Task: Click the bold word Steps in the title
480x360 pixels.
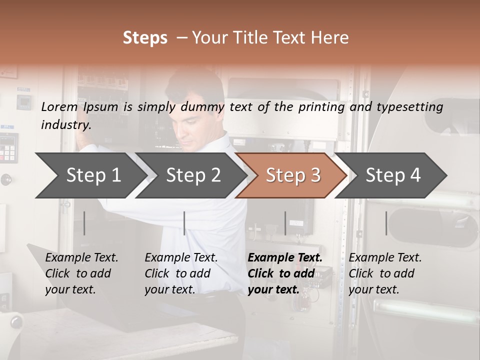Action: (145, 38)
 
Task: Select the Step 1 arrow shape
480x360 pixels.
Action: (90, 175)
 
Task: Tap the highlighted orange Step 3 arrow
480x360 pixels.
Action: (292, 175)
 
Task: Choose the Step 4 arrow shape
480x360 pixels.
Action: (393, 175)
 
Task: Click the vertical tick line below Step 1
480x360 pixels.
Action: (84, 223)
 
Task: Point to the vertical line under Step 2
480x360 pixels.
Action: (184, 223)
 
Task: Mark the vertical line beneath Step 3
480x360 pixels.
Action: (285, 223)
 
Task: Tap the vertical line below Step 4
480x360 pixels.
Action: (386, 223)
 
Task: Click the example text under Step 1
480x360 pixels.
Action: (81, 273)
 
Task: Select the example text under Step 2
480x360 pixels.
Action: (181, 273)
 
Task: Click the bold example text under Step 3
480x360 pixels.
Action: (285, 273)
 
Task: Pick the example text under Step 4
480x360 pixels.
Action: (385, 273)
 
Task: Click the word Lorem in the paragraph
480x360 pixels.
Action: (59, 107)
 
